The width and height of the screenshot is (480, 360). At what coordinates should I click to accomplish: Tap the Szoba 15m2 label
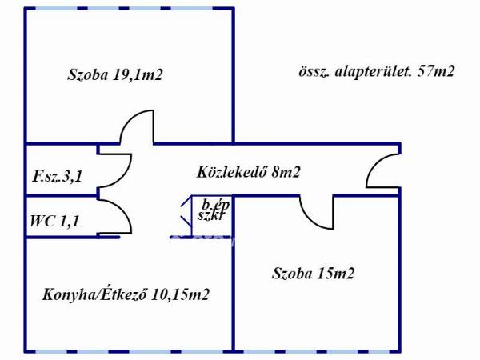click(313, 274)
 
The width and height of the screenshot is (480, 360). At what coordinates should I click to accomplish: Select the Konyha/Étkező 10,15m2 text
click(126, 294)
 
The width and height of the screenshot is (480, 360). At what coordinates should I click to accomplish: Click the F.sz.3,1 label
click(58, 177)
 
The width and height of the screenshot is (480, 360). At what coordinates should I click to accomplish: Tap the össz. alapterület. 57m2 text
click(375, 70)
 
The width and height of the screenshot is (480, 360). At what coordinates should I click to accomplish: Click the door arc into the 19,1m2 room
click(137, 127)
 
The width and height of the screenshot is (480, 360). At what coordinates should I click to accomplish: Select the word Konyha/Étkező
click(94, 294)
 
